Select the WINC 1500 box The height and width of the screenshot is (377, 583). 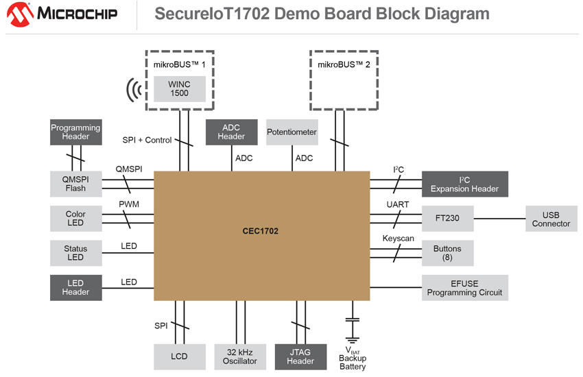pos(179,88)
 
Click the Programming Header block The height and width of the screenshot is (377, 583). pos(75,132)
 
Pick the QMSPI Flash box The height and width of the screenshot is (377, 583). pos(75,184)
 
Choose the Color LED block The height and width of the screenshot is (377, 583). pos(75,219)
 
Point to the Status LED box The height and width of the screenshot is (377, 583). pos(75,253)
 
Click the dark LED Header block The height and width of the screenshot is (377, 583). pos(75,287)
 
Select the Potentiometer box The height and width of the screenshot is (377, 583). pos(292,132)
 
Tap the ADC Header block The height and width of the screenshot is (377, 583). pos(231,132)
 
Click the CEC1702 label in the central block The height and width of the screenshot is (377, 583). pos(261,231)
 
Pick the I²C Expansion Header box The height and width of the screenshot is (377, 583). pos(464,184)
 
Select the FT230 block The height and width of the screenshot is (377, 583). pos(447,219)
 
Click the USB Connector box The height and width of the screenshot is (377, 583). pos(551,219)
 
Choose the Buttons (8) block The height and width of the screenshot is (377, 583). pos(447,253)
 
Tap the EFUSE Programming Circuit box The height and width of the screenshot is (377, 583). pos(464,288)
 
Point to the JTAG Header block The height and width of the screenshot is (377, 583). pos(300,356)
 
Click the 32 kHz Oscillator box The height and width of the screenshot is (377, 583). pos(239,356)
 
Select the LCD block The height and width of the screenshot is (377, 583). pos(179,356)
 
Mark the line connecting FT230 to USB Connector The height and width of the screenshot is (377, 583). pos(499,219)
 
